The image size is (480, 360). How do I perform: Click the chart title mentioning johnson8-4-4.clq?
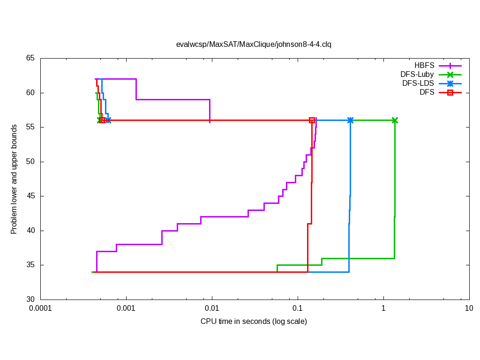pyautogui.click(x=254, y=45)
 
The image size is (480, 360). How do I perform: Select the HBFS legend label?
pyautogui.click(x=424, y=66)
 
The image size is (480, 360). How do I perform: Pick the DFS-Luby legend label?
pyautogui.click(x=417, y=75)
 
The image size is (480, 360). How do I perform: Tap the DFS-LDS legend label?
pyautogui.click(x=418, y=83)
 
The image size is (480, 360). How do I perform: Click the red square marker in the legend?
pyautogui.click(x=450, y=92)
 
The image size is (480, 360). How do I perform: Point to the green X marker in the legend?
pyautogui.click(x=450, y=75)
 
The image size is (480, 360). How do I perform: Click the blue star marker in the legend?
pyautogui.click(x=450, y=83)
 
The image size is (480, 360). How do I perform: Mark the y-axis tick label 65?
pyautogui.click(x=30, y=58)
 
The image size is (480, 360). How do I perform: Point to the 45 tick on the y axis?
pyautogui.click(x=30, y=196)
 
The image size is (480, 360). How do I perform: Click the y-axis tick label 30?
pyautogui.click(x=30, y=300)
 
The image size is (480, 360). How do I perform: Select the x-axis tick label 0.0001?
pyautogui.click(x=40, y=308)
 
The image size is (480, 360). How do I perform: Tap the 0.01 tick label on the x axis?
pyautogui.click(x=212, y=308)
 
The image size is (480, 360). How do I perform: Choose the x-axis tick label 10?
pyautogui.click(x=469, y=308)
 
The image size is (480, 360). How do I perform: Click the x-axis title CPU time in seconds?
pyautogui.click(x=254, y=322)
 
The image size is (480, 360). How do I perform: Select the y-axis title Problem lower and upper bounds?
pyautogui.click(x=14, y=179)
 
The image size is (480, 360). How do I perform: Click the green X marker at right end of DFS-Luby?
pyautogui.click(x=395, y=120)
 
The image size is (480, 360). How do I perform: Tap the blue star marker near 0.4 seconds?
pyautogui.click(x=350, y=120)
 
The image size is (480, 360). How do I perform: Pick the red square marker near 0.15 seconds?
pyautogui.click(x=312, y=120)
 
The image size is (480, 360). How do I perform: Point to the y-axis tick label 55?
pyautogui.click(x=30, y=127)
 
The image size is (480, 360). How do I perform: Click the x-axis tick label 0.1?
pyautogui.click(x=298, y=308)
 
